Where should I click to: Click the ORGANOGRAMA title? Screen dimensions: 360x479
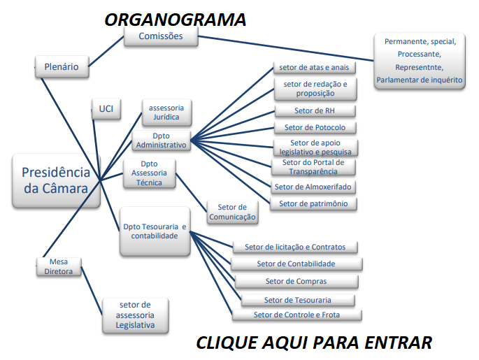tap(175, 20)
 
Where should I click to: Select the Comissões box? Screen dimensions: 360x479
tap(161, 36)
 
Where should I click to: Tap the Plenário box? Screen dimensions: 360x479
tap(62, 68)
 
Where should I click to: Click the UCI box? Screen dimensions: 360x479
tap(106, 109)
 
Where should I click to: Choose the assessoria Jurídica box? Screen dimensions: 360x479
tap(166, 112)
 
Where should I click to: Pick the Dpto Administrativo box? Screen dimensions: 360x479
tap(161, 140)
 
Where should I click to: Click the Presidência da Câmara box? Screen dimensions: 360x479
tap(56, 180)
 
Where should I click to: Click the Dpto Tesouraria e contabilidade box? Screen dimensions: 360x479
tap(155, 231)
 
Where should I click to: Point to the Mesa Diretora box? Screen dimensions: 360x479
tap(59, 266)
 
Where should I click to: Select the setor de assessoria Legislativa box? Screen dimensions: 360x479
tap(136, 315)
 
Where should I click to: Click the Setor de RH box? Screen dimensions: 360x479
tap(314, 111)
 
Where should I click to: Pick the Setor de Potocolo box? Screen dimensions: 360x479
tap(315, 127)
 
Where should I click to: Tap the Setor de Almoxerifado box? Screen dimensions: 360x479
tap(313, 187)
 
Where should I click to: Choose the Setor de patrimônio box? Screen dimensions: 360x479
tap(313, 203)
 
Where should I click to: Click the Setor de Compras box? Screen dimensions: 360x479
tap(296, 281)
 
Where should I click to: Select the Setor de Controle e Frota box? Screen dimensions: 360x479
tap(296, 315)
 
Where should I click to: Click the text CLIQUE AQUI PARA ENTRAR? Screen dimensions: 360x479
tap(313, 343)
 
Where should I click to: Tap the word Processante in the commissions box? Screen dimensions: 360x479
tap(419, 54)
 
